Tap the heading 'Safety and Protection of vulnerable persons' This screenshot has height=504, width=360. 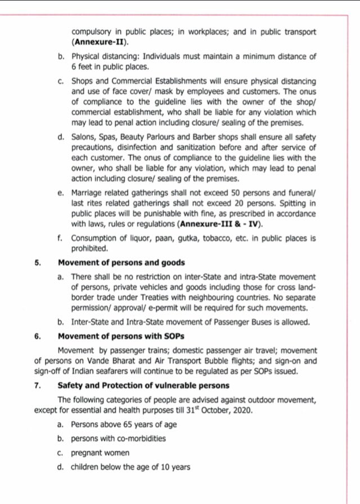pos(143,385)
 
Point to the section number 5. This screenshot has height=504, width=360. pos(37,263)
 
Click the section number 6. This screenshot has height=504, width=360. pos(37,336)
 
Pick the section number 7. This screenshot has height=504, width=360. pos(37,385)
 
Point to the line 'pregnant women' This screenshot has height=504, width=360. pos(100,452)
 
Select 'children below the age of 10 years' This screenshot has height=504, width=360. pos(130,466)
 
